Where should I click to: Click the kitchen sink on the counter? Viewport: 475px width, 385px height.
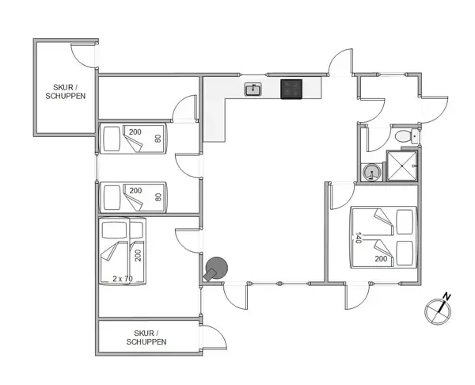253,90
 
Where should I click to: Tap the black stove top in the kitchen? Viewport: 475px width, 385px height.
291,90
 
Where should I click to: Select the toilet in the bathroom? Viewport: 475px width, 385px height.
405,137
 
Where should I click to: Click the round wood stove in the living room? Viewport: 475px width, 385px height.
215,269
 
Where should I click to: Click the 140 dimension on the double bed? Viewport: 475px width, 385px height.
358,238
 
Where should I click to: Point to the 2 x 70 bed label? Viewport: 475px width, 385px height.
123,278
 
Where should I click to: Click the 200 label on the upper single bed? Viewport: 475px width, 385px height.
135,132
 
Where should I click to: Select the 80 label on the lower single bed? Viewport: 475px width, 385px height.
158,197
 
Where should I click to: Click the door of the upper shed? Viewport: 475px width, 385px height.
82,54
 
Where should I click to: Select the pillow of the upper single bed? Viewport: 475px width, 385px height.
110,139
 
